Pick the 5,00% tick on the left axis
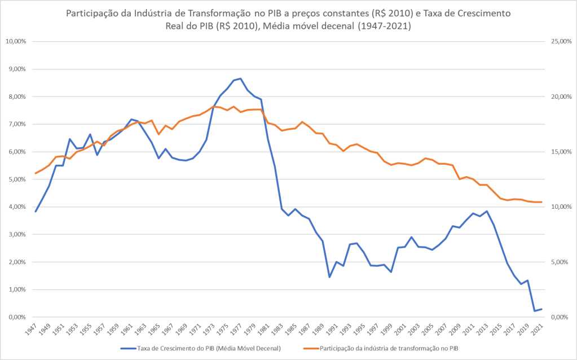coord(17,179)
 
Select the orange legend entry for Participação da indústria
coord(389,349)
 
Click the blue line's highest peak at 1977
coord(241,78)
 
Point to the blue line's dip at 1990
coord(329,277)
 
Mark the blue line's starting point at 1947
coord(36,212)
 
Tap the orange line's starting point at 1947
coord(36,173)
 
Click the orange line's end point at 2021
coord(541,202)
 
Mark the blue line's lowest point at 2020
coord(535,311)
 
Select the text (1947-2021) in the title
coord(384,26)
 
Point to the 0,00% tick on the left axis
coord(17,317)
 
